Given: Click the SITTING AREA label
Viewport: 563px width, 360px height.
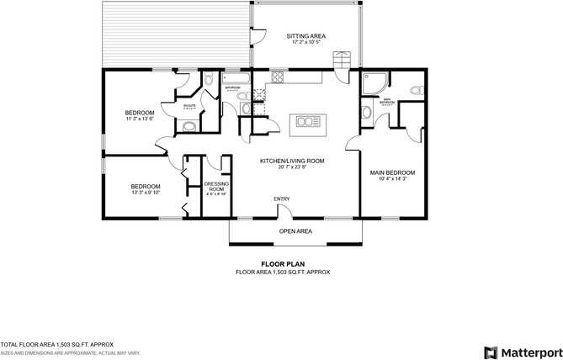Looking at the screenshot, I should click(305, 36).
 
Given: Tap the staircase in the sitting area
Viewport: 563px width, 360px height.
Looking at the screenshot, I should click(341, 61).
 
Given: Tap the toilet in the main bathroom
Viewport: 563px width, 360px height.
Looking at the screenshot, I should click(413, 89).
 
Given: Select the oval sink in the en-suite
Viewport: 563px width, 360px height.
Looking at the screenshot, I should click(189, 127).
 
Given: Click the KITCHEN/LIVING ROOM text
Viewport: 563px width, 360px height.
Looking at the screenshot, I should click(292, 161).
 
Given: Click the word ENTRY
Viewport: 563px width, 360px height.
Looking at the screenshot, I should click(281, 199).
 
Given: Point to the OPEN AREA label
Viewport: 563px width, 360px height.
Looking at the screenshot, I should click(296, 230).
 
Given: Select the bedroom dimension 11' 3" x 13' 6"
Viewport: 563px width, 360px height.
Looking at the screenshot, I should click(140, 119).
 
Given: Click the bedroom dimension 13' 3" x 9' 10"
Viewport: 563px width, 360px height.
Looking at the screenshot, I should click(145, 193).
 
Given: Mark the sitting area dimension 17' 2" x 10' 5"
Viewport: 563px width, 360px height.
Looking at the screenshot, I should click(305, 43).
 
